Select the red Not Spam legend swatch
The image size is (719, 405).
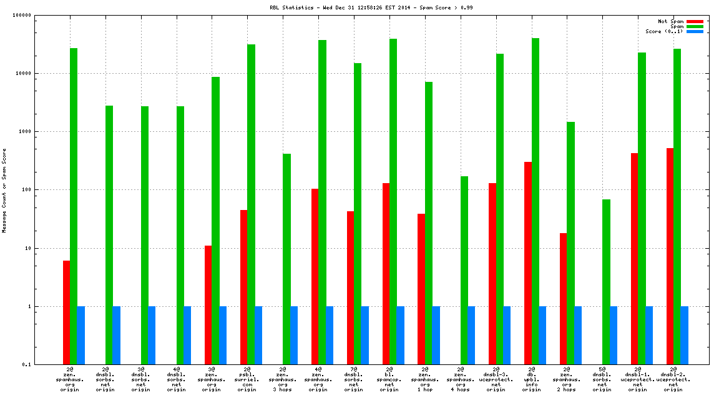tap(695, 21)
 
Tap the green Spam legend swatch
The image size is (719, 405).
tap(695, 26)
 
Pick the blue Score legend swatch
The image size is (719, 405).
tap(695, 31)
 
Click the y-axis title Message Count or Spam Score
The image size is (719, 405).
tap(4, 191)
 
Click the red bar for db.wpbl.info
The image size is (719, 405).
tap(528, 263)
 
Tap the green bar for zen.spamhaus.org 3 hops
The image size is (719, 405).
tap(286, 259)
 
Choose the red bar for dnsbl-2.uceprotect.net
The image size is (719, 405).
tap(670, 256)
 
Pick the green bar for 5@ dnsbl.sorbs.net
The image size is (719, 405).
tap(607, 282)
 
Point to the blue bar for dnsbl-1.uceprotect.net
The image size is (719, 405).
tap(649, 336)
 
